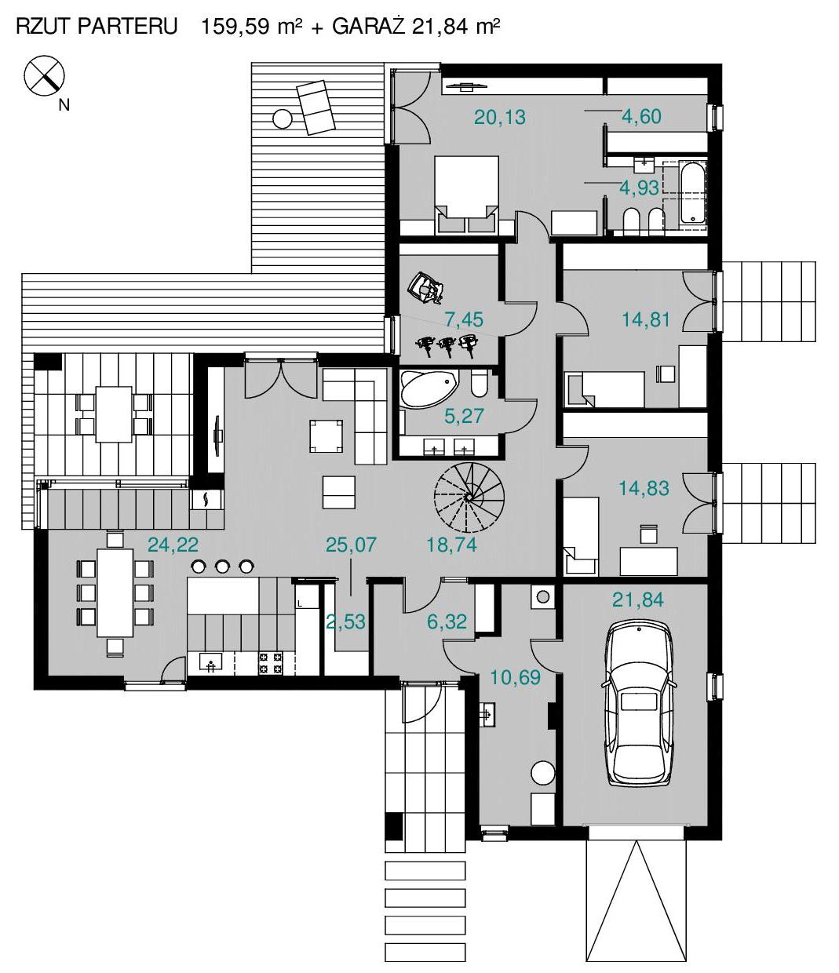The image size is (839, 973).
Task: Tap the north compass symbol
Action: (44, 75)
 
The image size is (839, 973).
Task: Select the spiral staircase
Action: (469, 497)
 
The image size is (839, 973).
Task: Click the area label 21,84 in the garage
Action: (638, 599)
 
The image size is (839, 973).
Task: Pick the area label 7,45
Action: (464, 319)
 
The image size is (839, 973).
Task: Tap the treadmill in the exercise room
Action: (426, 288)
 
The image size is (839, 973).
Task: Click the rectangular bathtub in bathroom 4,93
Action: (692, 194)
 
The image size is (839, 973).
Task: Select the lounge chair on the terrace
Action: (315, 108)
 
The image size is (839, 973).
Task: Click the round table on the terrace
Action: (282, 118)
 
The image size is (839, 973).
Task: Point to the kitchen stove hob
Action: (270, 663)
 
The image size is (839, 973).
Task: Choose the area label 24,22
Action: (173, 545)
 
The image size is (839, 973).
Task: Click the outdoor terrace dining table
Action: (114, 414)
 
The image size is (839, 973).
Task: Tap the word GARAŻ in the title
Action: (369, 26)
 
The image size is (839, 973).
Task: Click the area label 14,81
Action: (645, 319)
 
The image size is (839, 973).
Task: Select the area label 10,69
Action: (515, 677)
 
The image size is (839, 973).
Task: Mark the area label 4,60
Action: (642, 116)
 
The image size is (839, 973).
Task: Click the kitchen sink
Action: (211, 663)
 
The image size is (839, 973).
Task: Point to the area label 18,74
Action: (451, 545)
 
